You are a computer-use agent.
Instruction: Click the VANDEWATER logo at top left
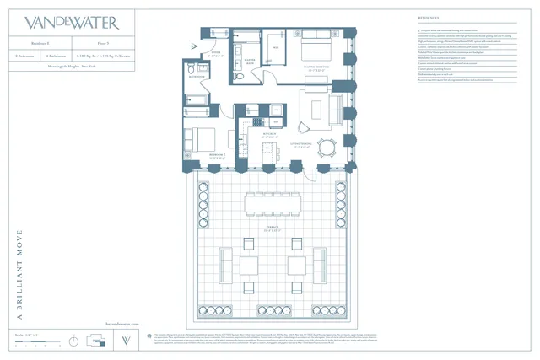pyautogui.click(x=72, y=22)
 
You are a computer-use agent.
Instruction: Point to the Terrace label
pyautogui.click(x=272, y=229)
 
